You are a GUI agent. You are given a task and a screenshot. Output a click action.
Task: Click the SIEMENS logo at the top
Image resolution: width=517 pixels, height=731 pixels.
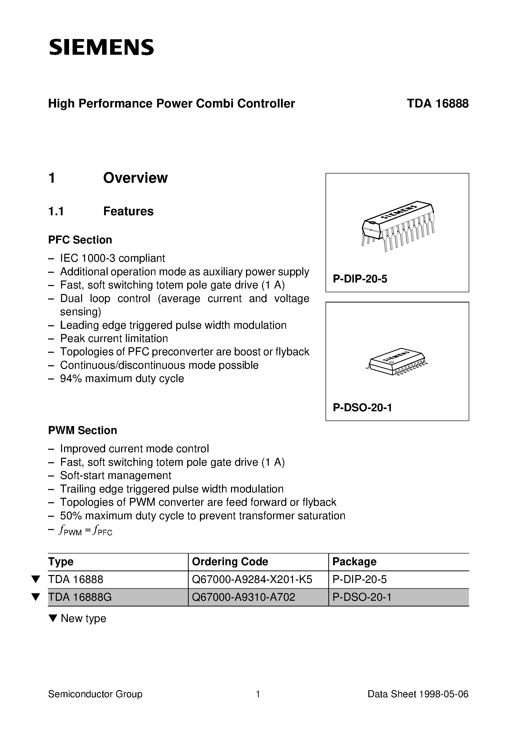tap(101, 47)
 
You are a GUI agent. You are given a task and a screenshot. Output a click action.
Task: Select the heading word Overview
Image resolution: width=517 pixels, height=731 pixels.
tap(135, 178)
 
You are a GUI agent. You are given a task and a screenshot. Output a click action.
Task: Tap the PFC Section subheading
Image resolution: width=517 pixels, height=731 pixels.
tap(80, 240)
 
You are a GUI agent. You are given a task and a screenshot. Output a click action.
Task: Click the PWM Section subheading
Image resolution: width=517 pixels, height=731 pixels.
tap(83, 430)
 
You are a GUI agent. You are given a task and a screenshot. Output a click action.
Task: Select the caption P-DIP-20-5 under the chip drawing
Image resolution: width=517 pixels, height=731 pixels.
tap(360, 279)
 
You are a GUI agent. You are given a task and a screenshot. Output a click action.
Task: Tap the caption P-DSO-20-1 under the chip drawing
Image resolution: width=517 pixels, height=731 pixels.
tap(362, 407)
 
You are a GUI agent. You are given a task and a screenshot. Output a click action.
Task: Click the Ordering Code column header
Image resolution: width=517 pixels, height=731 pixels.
tap(230, 561)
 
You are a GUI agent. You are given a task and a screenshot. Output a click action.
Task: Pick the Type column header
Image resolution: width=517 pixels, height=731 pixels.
tap(61, 561)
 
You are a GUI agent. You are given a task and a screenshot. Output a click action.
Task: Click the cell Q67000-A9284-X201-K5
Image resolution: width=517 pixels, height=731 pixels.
tap(252, 579)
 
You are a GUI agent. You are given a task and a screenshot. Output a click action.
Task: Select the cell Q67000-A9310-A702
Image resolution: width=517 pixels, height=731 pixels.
tap(243, 597)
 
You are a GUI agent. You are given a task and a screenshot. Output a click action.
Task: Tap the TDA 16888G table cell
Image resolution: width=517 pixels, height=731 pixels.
tap(80, 597)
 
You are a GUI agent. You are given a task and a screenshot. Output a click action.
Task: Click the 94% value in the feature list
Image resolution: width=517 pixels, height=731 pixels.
tap(71, 378)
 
